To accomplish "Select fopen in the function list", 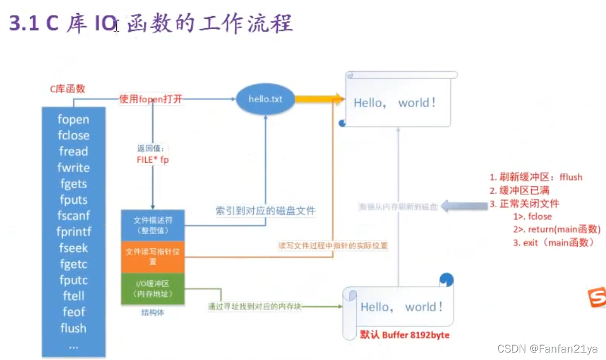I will point(73,120).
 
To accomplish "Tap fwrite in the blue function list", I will point(73,168).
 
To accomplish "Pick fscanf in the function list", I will point(73,216).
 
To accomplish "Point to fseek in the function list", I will point(73,248).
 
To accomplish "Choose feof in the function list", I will point(73,312).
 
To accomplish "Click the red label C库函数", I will point(67,89).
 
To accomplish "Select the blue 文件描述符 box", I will point(153,225).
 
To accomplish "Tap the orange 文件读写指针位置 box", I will point(153,256).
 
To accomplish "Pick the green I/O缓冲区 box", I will point(153,289).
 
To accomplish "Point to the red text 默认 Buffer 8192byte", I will point(405,335).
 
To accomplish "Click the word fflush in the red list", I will point(570,177).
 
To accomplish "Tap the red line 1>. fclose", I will point(532,216).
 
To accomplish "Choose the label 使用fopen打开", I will point(150,99).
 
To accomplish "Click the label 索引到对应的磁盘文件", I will point(265,210).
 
